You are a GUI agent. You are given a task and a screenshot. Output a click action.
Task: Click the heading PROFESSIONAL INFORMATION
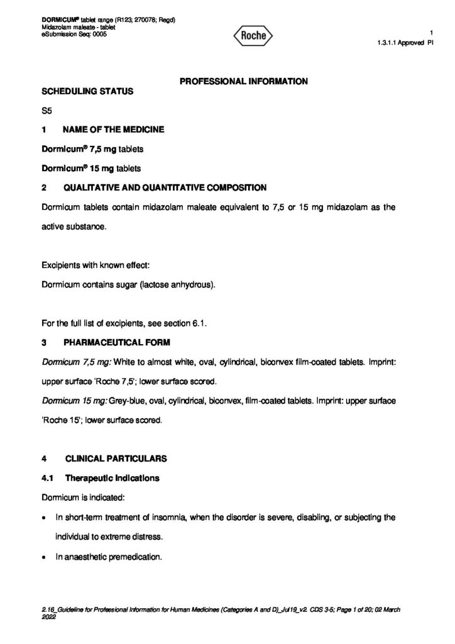(x=244, y=81)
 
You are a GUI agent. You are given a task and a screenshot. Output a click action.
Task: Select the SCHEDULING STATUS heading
(x=87, y=92)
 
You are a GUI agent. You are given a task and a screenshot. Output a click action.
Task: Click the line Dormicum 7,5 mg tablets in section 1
(x=92, y=149)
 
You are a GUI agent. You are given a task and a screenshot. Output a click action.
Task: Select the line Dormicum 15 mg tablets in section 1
(x=91, y=169)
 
